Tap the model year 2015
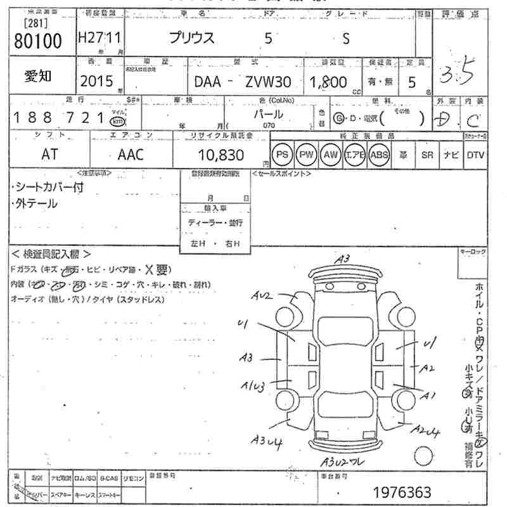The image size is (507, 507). click(96, 81)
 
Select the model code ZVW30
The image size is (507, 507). click(269, 81)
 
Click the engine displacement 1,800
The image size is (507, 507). click(328, 81)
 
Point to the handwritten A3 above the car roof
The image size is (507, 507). click(343, 259)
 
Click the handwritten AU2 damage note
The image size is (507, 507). click(261, 295)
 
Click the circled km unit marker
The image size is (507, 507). click(117, 121)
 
